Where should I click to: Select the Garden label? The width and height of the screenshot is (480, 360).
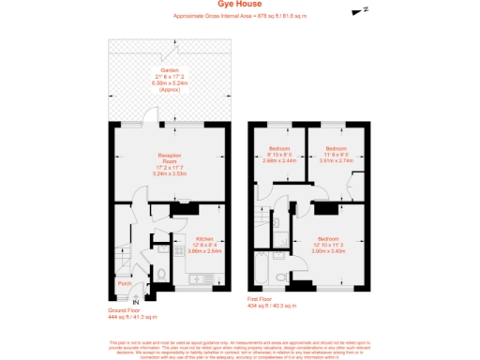[x=169, y=70]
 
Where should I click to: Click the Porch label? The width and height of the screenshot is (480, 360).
[x=124, y=281]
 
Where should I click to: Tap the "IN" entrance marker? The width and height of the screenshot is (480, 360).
[x=135, y=302]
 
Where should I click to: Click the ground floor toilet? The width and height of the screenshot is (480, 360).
[x=160, y=275]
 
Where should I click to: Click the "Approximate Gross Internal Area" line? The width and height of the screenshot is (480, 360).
[x=241, y=17]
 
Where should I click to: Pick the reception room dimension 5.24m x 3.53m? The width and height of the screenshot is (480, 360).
[x=169, y=173]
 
